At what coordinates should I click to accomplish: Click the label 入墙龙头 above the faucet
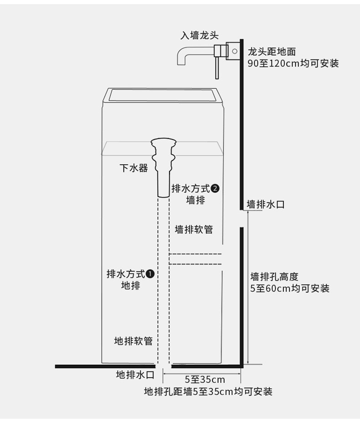pyautogui.click(x=200, y=36)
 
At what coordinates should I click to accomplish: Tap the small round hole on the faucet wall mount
pyautogui.click(x=235, y=51)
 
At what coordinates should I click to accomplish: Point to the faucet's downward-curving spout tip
pyautogui.click(x=180, y=63)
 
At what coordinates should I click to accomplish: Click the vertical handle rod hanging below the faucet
pyautogui.click(x=217, y=68)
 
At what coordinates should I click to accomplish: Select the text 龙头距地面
pyautogui.click(x=272, y=52)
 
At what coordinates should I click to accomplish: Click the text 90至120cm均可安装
pyautogui.click(x=293, y=63)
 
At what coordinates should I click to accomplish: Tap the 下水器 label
pyautogui.click(x=134, y=168)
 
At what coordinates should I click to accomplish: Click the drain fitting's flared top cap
pyautogui.click(x=164, y=143)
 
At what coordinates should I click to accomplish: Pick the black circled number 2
pyautogui.click(x=215, y=188)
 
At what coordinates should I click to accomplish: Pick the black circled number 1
pyautogui.click(x=150, y=274)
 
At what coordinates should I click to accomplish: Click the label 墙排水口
pyautogui.click(x=266, y=204)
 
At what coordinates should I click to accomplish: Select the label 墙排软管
pyautogui.click(x=194, y=229)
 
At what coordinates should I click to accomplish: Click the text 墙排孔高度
pyautogui.click(x=274, y=276)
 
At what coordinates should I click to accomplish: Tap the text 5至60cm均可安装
pyautogui.click(x=290, y=288)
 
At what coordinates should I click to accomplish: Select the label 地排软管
pyautogui.click(x=134, y=341)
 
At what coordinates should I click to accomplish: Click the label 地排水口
pyautogui.click(x=135, y=375)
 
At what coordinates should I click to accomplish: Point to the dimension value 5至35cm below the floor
pyautogui.click(x=205, y=380)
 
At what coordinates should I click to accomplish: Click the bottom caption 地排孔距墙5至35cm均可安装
pyautogui.click(x=208, y=391)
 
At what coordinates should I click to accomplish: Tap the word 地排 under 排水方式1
pyautogui.click(x=131, y=286)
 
